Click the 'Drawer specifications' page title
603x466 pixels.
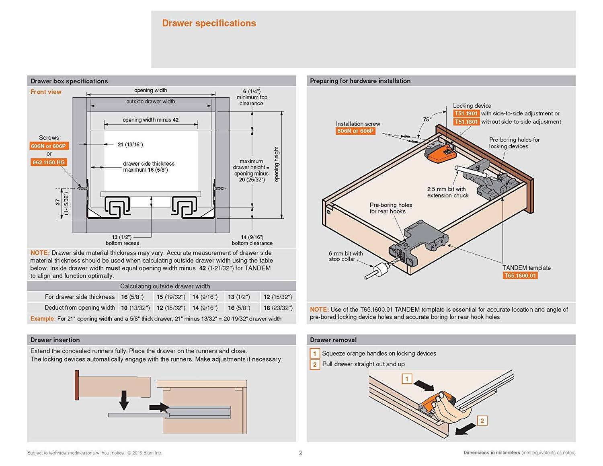click(x=209, y=23)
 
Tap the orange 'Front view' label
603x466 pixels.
click(x=46, y=92)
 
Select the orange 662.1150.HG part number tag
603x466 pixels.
click(x=49, y=162)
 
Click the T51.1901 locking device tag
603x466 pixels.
click(x=466, y=114)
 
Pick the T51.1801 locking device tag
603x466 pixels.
click(x=466, y=122)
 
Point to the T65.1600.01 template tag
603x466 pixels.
click(x=520, y=276)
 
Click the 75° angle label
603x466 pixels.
click(x=427, y=119)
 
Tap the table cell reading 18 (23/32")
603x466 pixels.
click(x=278, y=308)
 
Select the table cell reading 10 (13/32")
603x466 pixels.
click(x=135, y=308)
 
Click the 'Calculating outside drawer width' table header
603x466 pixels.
click(x=165, y=286)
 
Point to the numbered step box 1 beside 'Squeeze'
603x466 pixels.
click(x=314, y=354)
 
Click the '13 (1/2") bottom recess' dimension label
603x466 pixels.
click(x=122, y=240)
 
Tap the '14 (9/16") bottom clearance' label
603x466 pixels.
click(x=252, y=240)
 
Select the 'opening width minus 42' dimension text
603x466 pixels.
click(x=151, y=120)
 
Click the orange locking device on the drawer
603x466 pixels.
click(x=441, y=154)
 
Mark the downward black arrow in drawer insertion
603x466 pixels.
click(x=124, y=400)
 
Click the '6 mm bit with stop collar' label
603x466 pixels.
click(x=345, y=256)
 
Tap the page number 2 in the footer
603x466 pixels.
click(x=301, y=453)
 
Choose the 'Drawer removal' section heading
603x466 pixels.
click(x=333, y=340)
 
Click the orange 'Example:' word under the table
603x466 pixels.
click(x=43, y=319)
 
